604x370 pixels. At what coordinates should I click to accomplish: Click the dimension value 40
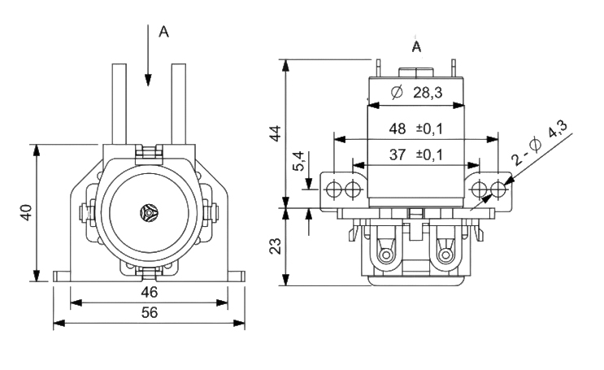pyautogui.click(x=27, y=212)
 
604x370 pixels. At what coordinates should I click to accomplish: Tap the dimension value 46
pyautogui.click(x=150, y=293)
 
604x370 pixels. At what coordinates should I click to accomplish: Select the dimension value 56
pyautogui.click(x=150, y=312)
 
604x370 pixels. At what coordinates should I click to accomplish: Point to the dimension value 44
pyautogui.click(x=276, y=133)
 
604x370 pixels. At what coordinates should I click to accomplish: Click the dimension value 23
pyautogui.click(x=276, y=246)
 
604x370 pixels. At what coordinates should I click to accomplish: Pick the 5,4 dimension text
pyautogui.click(x=299, y=160)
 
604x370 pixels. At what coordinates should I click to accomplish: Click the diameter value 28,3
pyautogui.click(x=428, y=93)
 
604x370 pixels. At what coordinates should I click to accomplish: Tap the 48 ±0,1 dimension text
pyautogui.click(x=416, y=128)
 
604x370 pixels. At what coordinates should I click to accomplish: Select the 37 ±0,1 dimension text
pyautogui.click(x=416, y=155)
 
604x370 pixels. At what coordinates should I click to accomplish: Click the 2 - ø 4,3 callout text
pyautogui.click(x=540, y=142)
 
